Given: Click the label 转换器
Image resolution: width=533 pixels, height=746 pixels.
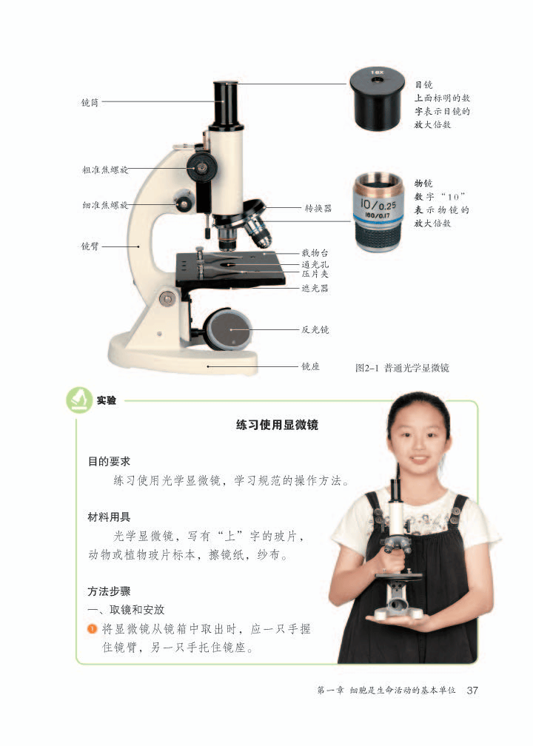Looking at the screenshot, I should pos(318,209).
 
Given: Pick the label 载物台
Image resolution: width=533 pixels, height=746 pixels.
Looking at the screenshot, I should pos(315,254).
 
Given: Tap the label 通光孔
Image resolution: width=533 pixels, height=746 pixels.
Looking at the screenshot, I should pos(315,264).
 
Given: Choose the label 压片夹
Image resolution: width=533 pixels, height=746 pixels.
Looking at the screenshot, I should pos(315,274).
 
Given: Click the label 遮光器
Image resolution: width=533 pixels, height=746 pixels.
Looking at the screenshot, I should pos(315,288).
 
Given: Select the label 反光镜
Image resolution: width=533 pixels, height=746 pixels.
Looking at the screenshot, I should pos(315,329).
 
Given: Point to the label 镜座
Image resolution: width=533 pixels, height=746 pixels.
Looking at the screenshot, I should pos(310,366).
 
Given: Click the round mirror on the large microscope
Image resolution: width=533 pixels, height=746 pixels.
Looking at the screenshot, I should pos(228,328).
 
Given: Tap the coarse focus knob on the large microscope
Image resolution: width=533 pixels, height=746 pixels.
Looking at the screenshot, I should pos(201,167).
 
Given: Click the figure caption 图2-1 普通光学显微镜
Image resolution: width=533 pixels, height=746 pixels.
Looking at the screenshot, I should pos(403,367).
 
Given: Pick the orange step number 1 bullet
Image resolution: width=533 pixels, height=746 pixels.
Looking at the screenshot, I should pos(92,628).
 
